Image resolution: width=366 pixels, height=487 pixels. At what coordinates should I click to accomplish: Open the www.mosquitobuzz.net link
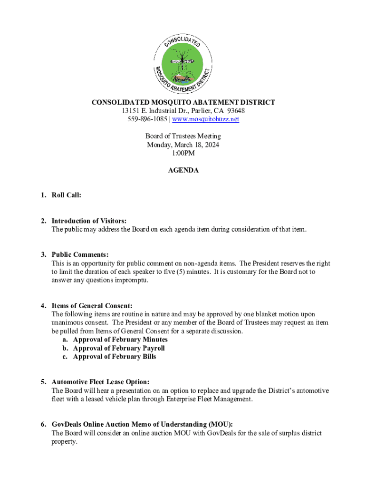point(205,119)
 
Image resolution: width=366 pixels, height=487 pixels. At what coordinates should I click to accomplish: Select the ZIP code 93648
point(235,111)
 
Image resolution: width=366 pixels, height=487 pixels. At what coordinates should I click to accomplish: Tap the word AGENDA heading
point(183,170)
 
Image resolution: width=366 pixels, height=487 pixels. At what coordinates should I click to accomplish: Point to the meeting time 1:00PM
point(183,153)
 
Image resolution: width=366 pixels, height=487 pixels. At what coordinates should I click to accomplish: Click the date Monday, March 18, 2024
point(183,145)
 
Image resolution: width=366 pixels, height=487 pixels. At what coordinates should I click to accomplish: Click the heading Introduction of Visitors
point(89,221)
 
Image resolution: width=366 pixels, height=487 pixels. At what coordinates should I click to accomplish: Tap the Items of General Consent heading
point(92,306)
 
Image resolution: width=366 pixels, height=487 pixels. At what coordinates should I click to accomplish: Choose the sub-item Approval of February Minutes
point(120,340)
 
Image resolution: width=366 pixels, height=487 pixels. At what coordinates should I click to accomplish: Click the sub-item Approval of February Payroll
point(119,348)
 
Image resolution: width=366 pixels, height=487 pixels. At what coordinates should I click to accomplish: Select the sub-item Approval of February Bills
point(114,357)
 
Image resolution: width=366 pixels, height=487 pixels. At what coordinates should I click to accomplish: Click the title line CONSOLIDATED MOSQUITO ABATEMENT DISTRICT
point(183,102)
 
